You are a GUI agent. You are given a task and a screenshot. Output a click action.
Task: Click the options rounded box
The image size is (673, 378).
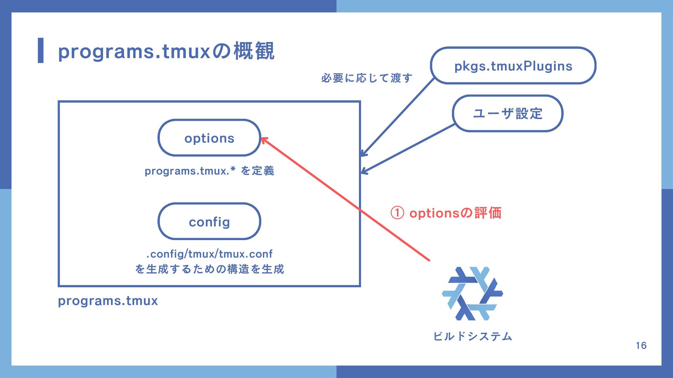(209, 138)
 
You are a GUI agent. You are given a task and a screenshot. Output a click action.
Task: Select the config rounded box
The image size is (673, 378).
(209, 222)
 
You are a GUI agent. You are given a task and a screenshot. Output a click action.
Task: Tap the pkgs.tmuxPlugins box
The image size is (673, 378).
(513, 66)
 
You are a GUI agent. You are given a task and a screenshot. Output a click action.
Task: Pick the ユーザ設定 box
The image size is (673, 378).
(508, 113)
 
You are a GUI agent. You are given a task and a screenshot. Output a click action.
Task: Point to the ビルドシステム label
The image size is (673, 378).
(473, 336)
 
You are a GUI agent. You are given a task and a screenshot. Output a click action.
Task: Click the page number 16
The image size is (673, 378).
(641, 345)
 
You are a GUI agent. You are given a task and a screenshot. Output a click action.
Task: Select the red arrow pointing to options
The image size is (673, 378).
(345, 199)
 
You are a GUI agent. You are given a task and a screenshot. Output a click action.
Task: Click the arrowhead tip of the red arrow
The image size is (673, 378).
(263, 138)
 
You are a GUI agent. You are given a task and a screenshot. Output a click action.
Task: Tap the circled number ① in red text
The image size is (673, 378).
(397, 213)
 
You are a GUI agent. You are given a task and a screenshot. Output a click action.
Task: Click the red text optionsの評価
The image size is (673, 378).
(455, 213)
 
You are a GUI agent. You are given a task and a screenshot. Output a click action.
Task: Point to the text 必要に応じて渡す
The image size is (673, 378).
(367, 78)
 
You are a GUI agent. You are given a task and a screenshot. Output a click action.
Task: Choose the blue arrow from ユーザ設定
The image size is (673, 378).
(408, 149)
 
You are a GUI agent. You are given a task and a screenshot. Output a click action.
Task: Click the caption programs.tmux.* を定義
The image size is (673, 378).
(209, 171)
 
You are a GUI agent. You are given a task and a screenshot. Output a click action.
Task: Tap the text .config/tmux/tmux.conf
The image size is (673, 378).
(209, 254)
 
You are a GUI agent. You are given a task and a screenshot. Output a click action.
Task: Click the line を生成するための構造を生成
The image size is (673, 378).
(209, 269)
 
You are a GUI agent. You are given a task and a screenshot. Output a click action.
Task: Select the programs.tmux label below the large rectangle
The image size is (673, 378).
(108, 301)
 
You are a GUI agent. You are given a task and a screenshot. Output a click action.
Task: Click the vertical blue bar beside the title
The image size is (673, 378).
(41, 50)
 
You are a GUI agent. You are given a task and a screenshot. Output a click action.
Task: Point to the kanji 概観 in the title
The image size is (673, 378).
(254, 51)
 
